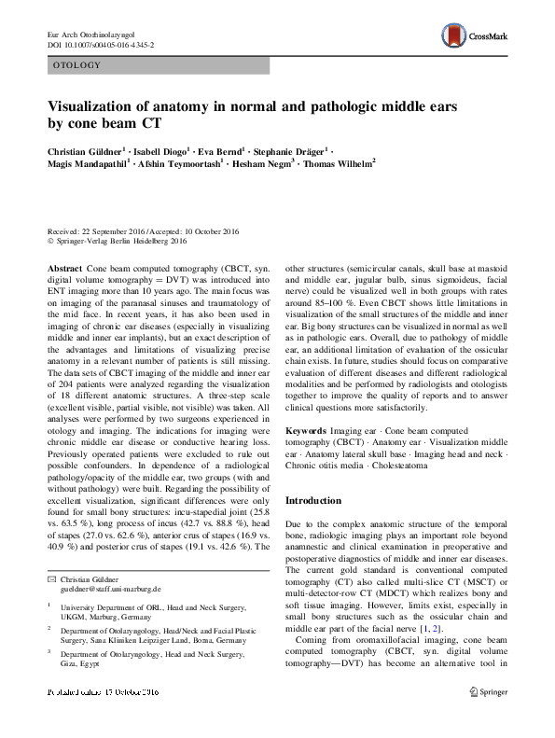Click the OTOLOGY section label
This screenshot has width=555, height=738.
coord(77,65)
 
